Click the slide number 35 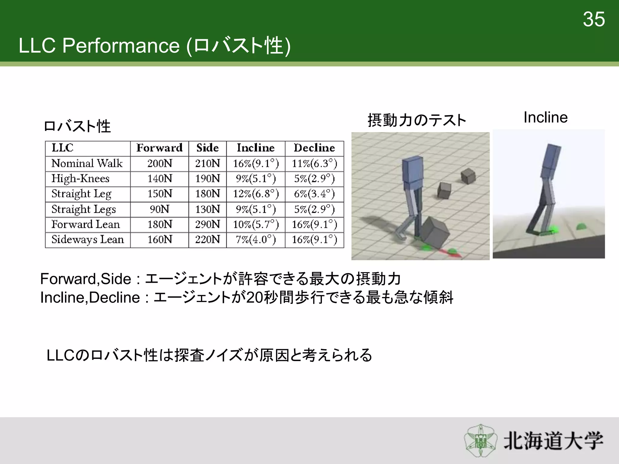pos(594,20)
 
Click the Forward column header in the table pos(159,148)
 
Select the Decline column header pos(314,148)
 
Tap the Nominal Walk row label pos(87,163)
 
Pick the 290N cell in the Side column pos(207,224)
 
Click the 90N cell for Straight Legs pos(159,209)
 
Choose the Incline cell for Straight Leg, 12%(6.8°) pos(256,194)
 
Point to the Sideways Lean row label pos(88,240)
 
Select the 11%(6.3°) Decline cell pos(314,163)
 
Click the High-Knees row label pos(80,179)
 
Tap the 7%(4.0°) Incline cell pos(256,240)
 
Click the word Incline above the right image pos(546,117)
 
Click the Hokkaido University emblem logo pos(481,440)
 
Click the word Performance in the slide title pos(121,46)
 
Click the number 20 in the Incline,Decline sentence pos(254,298)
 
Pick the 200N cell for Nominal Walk pos(159,163)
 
